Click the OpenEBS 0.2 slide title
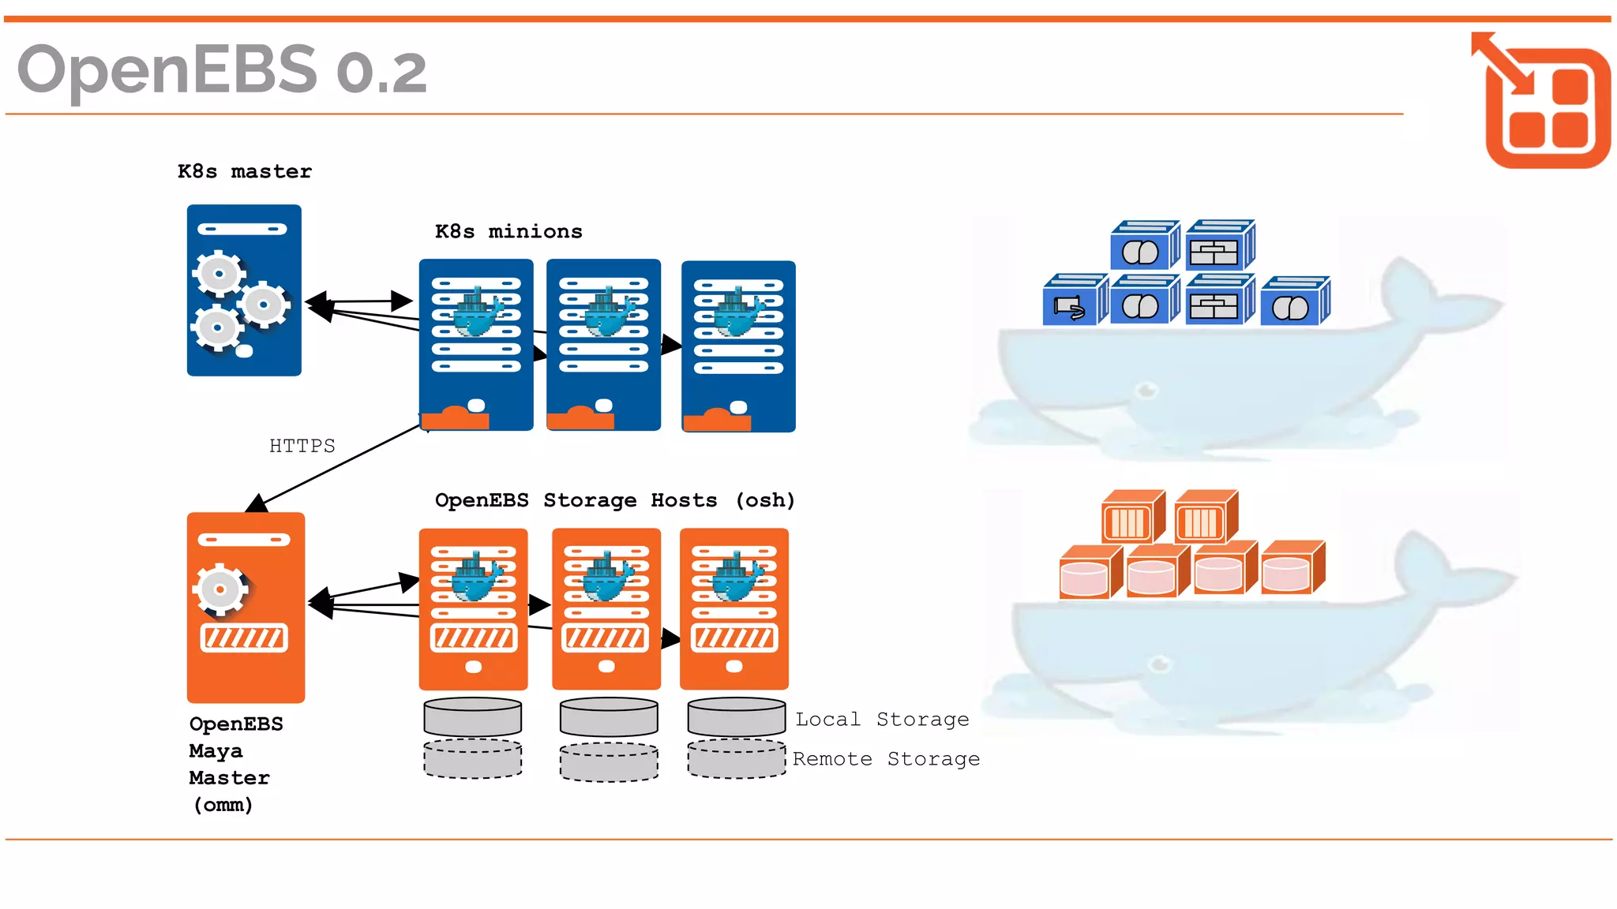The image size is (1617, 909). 222,69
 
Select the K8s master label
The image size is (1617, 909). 245,171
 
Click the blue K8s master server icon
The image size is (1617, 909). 244,290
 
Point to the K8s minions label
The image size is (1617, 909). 508,231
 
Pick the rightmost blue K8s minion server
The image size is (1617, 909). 738,346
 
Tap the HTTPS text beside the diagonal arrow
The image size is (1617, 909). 302,446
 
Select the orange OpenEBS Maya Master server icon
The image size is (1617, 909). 246,608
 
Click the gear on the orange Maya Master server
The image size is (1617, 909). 220,589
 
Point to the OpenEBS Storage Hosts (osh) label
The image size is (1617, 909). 614,500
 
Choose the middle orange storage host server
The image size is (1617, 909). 606,608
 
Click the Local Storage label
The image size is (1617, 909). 882,719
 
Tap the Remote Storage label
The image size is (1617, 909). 886,758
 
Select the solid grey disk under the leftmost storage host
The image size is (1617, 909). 473,716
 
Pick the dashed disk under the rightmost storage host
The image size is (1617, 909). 737,759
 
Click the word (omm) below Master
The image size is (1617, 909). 223,805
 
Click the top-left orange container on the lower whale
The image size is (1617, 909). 1131,518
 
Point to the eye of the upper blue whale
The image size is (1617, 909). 1146,389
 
